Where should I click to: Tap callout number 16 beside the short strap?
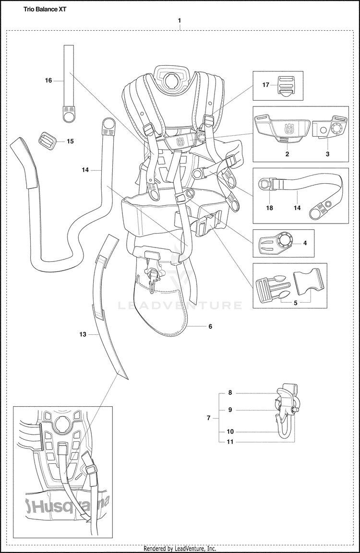[48, 81]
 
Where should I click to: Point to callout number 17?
[265, 85]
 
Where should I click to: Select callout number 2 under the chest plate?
[287, 154]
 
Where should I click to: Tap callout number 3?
[327, 154]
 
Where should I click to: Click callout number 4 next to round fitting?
[304, 243]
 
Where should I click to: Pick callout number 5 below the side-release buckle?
[296, 303]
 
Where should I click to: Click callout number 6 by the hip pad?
[210, 326]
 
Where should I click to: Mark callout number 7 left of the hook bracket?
[208, 418]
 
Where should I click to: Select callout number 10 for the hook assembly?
[230, 432]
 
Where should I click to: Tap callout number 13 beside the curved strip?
[83, 334]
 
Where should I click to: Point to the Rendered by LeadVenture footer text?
[180, 548]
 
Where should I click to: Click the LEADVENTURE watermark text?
[180, 305]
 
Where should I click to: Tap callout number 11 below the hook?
[230, 442]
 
